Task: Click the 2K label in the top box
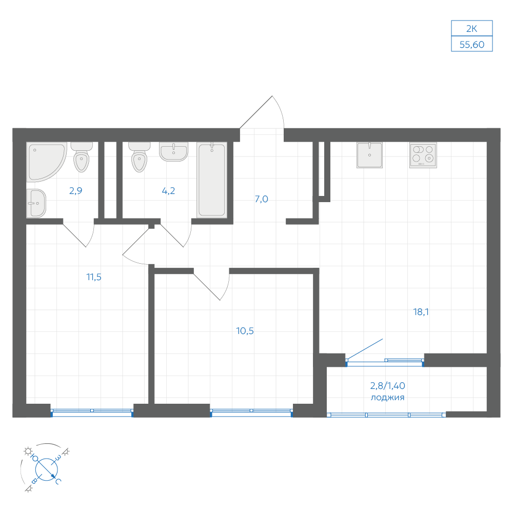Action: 471,29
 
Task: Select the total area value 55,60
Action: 472,45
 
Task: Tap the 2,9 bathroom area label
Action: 75,191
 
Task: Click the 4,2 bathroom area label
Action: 168,191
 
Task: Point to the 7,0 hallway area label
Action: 262,199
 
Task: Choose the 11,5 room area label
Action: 94,277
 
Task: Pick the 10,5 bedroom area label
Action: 245,331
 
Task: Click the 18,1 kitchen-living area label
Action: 421,312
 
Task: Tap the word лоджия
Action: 387,398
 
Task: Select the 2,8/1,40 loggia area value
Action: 388,386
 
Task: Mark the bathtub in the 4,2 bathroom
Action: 212,180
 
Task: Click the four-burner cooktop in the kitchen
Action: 423,155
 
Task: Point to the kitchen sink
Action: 370,155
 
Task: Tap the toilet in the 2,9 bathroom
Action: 82,157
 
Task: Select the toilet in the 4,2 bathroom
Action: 140,157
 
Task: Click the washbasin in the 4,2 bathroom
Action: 173,152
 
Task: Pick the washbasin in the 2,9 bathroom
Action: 36,203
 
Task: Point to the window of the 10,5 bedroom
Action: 251,412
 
